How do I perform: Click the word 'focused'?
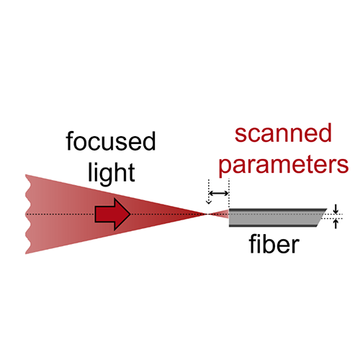click(x=111, y=141)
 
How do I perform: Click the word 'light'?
click(x=112, y=173)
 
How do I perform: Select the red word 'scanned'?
click(x=283, y=133)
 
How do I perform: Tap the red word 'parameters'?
click(x=284, y=166)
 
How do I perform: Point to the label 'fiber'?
click(x=274, y=243)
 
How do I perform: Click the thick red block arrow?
click(x=112, y=214)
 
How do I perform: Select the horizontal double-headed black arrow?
click(x=219, y=193)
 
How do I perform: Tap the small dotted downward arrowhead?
click(x=209, y=202)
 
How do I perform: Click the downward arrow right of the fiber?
click(x=336, y=209)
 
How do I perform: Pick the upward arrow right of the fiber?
click(x=336, y=224)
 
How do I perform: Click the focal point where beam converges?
click(x=208, y=214)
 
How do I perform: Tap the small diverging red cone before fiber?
click(x=218, y=214)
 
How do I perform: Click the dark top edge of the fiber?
click(x=278, y=210)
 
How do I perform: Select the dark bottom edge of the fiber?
click(x=274, y=225)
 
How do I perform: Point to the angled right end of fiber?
click(x=322, y=217)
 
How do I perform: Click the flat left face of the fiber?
click(x=229, y=217)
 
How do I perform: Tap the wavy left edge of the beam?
click(x=28, y=214)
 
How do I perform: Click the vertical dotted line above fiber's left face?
click(x=229, y=194)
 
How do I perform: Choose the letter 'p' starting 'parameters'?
click(x=224, y=168)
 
